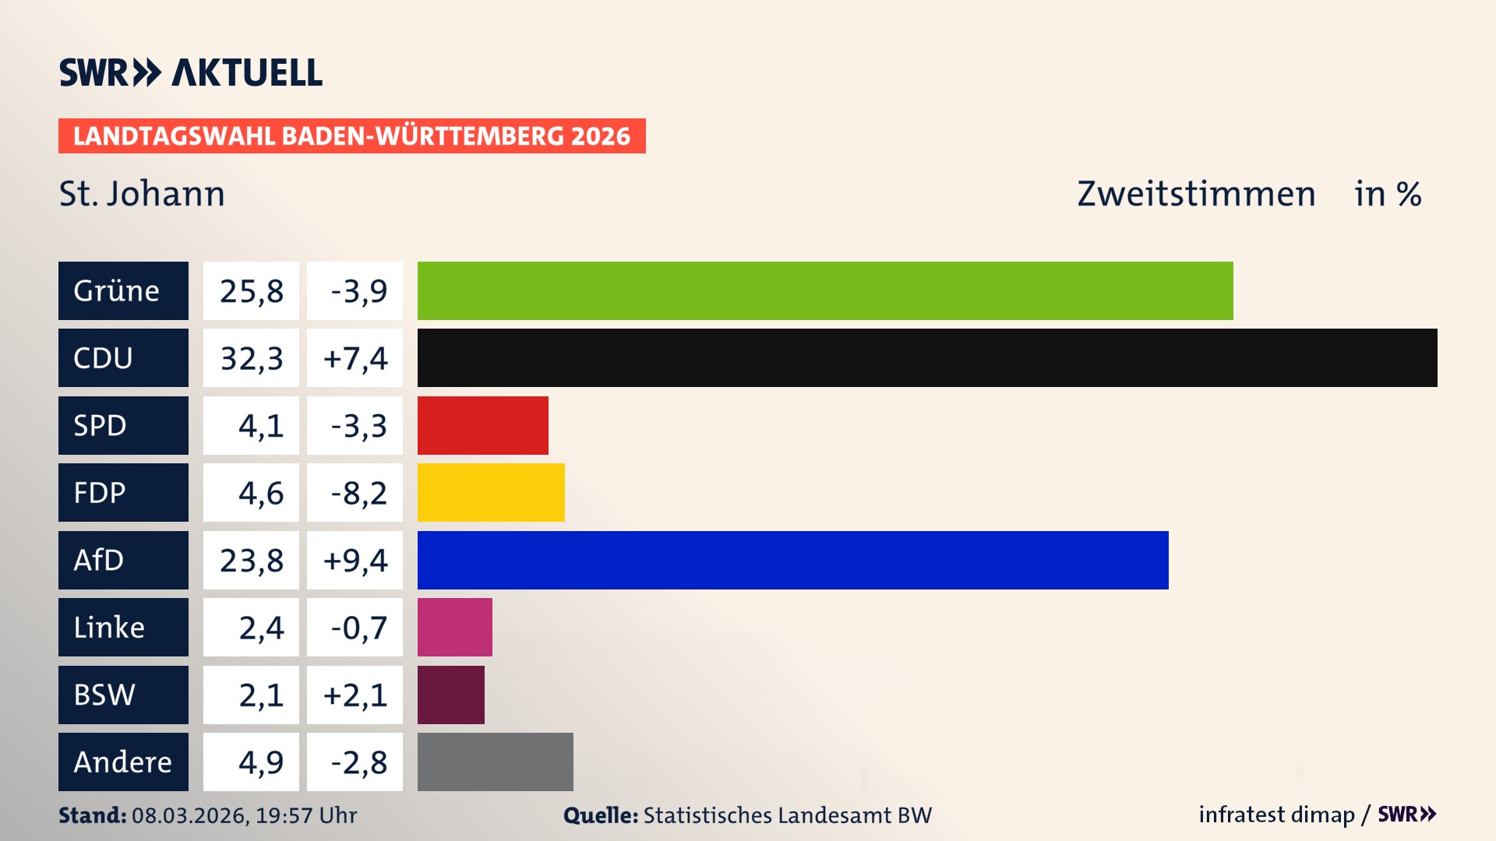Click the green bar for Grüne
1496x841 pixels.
[x=825, y=290]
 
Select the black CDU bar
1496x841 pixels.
[x=927, y=357]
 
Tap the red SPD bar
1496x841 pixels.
[x=483, y=425]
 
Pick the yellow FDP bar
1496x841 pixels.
[x=491, y=492]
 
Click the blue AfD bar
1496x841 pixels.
[x=792, y=560]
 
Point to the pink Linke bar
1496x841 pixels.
[x=455, y=627]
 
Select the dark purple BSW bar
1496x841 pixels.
[x=451, y=695]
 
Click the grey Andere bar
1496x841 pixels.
[x=496, y=762]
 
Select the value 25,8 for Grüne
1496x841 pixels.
[x=251, y=290]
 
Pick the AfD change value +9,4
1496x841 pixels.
[x=355, y=560]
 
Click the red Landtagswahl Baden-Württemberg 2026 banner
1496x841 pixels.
[x=351, y=135]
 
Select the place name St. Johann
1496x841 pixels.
[x=142, y=193]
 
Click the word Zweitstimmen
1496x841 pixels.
[x=1196, y=193]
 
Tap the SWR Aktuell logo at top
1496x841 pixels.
[x=191, y=72]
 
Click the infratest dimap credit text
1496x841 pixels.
[x=1276, y=815]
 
